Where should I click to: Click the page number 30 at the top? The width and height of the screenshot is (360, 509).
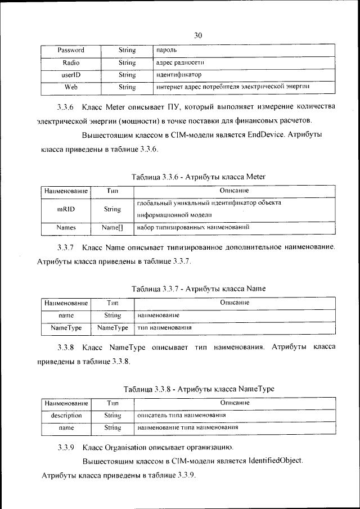pyautogui.click(x=198, y=35)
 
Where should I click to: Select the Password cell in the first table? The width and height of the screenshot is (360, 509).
pyautogui.click(x=71, y=51)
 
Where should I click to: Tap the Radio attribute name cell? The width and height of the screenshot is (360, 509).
pyautogui.click(x=71, y=63)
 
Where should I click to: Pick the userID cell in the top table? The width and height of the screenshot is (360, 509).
pyautogui.click(x=71, y=75)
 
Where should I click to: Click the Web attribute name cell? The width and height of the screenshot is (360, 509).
pyautogui.click(x=71, y=87)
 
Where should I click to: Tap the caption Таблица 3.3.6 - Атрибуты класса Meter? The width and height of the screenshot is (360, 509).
pyautogui.click(x=198, y=177)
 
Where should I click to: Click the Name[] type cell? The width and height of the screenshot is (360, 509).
pyautogui.click(x=112, y=228)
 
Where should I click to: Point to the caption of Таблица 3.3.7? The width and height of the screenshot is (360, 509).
pyautogui.click(x=198, y=289)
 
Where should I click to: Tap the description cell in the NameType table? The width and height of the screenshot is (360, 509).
pyautogui.click(x=66, y=416)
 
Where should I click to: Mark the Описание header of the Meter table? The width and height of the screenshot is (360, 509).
pyautogui.click(x=235, y=191)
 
